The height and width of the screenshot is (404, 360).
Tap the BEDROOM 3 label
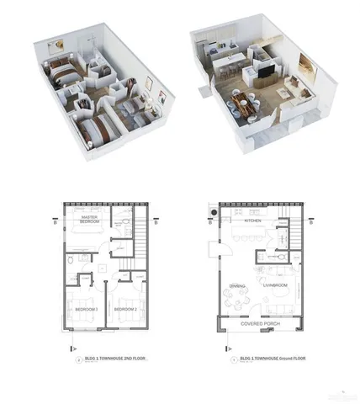87,309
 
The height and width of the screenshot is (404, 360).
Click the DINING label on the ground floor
238,286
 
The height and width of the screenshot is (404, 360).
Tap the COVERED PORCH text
259,322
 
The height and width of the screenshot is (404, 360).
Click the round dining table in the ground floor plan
239,298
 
